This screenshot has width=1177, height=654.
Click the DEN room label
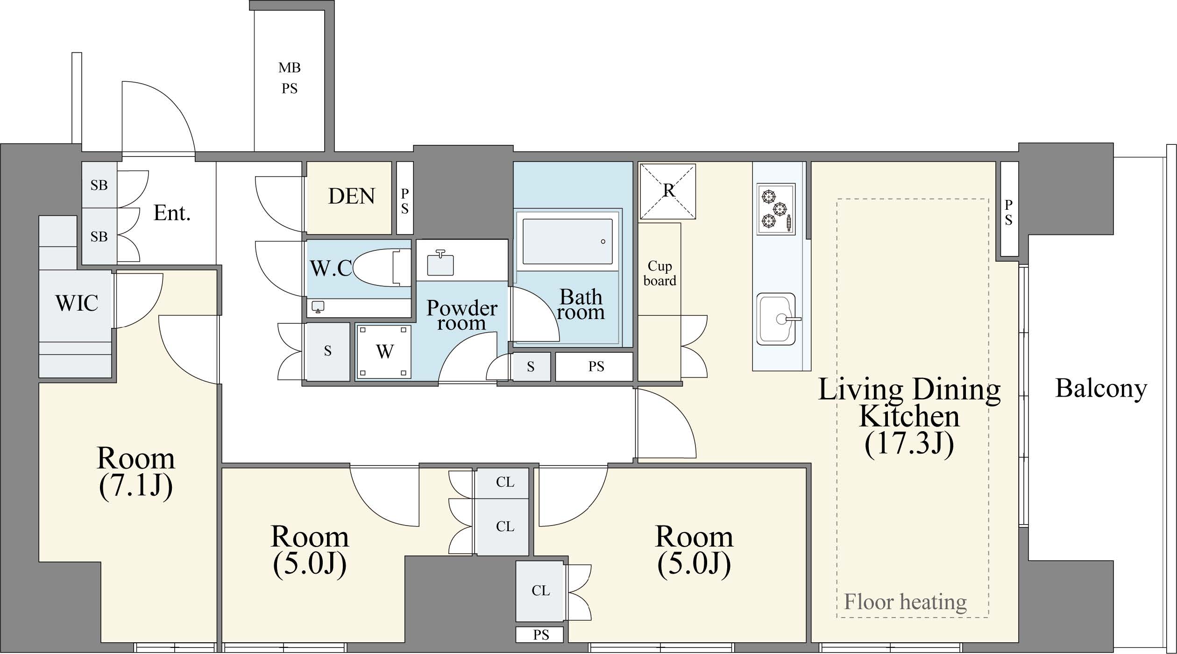(x=351, y=196)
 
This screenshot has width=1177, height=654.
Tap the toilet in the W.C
(x=382, y=268)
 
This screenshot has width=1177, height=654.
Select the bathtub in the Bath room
(x=567, y=242)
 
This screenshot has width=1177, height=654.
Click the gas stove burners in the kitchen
(x=776, y=209)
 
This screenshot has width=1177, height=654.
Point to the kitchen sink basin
(x=776, y=319)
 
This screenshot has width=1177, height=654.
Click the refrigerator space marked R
(x=667, y=191)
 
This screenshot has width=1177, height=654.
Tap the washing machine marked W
(x=384, y=351)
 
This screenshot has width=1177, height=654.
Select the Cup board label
(x=659, y=273)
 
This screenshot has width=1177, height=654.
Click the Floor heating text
(x=905, y=602)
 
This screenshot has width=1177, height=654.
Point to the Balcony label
(x=1101, y=389)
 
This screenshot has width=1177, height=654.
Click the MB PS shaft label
(x=290, y=78)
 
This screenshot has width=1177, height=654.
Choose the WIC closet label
(x=77, y=303)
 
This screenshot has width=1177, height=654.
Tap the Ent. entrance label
(x=172, y=213)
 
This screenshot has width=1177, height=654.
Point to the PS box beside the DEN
(x=405, y=198)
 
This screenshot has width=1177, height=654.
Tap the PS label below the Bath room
(x=596, y=367)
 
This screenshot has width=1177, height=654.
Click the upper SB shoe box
(x=99, y=185)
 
